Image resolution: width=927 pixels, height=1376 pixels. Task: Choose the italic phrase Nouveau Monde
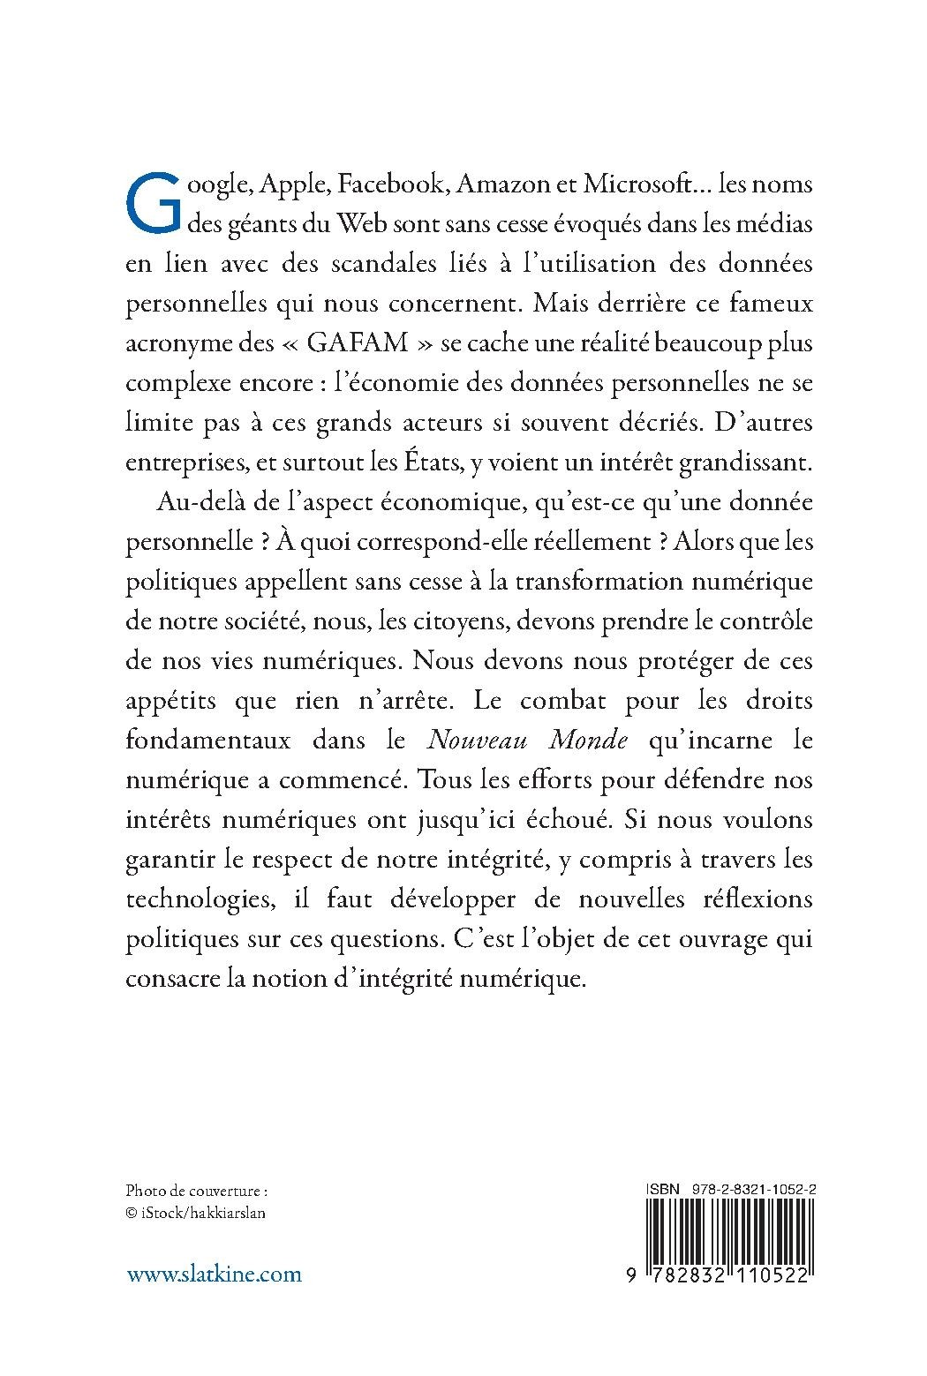(x=527, y=740)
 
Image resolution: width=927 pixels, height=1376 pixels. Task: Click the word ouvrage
(x=720, y=938)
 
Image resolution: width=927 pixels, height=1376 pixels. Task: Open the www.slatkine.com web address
(x=214, y=1274)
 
